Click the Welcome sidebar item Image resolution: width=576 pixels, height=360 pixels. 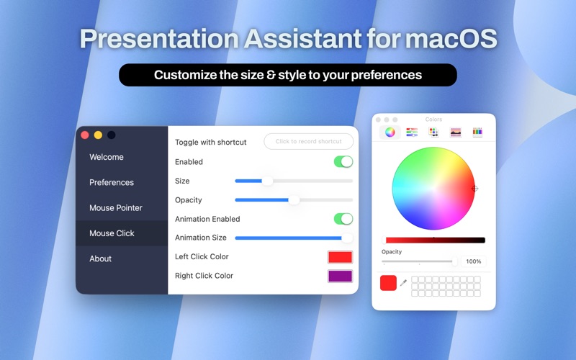pos(107,157)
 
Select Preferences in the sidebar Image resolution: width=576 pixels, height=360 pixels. pos(112,182)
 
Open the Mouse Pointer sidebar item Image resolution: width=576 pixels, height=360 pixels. pos(116,208)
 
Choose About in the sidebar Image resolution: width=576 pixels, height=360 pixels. pos(101,258)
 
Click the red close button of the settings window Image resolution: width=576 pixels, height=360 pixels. pos(85,135)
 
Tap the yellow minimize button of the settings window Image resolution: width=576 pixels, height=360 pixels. pos(98,135)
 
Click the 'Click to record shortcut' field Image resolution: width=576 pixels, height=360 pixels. pos(308,142)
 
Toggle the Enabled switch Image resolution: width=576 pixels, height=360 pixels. pos(343,162)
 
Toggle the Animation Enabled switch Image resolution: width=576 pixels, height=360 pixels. pos(343,219)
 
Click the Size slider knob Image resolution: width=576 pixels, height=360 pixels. pos(267,181)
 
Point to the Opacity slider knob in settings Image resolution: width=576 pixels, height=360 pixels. pos(294,200)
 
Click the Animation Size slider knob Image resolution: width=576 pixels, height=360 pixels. pos(347,238)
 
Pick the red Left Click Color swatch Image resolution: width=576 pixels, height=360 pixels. pos(340,257)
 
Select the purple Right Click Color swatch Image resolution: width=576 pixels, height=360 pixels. pos(340,276)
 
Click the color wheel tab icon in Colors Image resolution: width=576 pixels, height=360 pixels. pos(390,132)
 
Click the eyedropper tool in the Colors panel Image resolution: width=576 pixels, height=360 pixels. pos(403,283)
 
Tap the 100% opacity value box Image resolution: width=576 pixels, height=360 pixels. pos(473,261)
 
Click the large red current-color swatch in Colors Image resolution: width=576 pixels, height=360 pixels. pos(388,283)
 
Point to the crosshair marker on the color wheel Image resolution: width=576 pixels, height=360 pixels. pos(474,189)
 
